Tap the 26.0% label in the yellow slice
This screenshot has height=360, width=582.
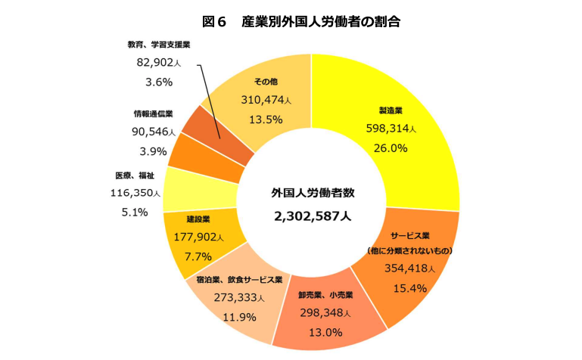coord(391,147)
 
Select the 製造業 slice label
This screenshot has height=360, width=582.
coord(391,110)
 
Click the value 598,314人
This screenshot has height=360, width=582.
coord(391,129)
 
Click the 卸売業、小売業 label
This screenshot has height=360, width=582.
coord(325,295)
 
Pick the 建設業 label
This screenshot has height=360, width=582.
coord(198,219)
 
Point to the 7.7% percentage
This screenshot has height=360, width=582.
coord(198,256)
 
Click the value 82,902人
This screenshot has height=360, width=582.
coord(159,64)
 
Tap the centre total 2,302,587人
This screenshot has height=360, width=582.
coord(313,216)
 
